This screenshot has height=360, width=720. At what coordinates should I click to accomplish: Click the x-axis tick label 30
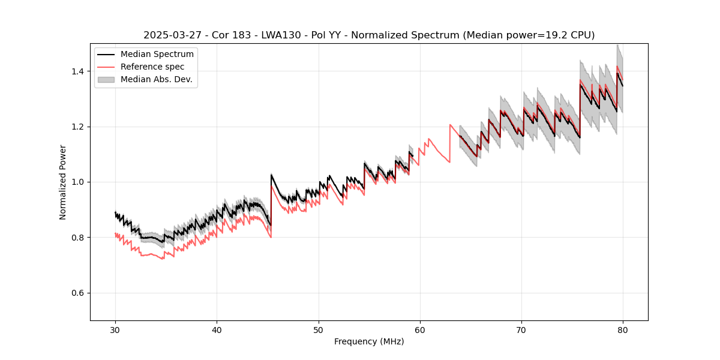[x=115, y=329]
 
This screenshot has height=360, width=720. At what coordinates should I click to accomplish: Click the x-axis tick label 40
[x=217, y=329]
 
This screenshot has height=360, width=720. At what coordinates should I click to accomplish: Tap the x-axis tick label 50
[x=319, y=329]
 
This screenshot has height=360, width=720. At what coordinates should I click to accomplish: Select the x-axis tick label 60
[x=420, y=329]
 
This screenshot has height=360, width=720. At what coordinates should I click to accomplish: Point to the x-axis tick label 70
[x=521, y=329]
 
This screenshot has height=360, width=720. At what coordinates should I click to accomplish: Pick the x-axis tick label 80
[x=623, y=329]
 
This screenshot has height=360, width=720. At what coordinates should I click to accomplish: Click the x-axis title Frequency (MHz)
[x=369, y=341]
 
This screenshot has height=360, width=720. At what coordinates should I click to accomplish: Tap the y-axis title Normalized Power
[x=63, y=182]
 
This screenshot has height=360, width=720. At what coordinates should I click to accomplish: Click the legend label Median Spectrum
[x=157, y=55]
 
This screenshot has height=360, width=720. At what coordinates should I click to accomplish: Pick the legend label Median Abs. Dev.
[x=156, y=79]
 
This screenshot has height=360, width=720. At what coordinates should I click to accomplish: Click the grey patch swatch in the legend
[x=106, y=79]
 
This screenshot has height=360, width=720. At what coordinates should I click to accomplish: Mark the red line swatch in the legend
[x=106, y=67]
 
